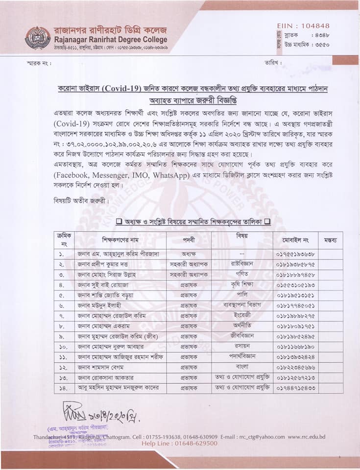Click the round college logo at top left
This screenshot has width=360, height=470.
point(38,38)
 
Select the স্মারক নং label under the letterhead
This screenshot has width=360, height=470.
point(39,64)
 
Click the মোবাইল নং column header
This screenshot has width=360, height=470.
point(295,240)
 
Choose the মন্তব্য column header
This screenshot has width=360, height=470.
point(329,240)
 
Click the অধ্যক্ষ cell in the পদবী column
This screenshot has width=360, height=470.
point(189,254)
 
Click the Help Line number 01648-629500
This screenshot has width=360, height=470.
point(193,444)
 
